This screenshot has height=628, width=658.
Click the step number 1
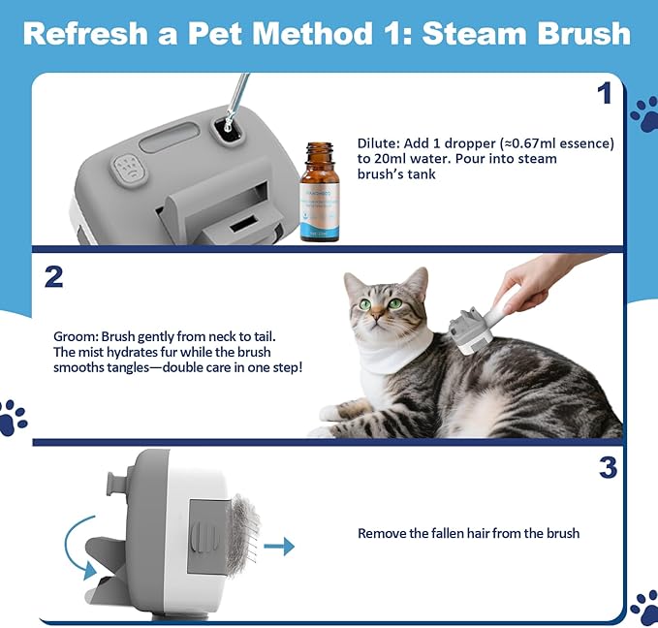click(x=604, y=94)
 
